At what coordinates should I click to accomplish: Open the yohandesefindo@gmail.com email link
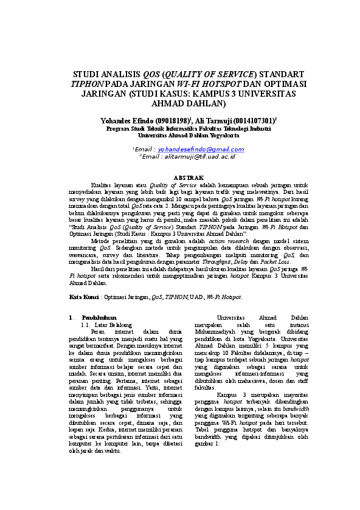tap(189, 149)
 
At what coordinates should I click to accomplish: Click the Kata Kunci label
tap(83, 297)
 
